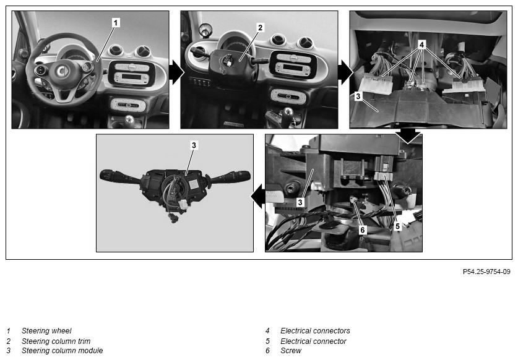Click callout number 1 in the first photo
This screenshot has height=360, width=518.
(115, 23)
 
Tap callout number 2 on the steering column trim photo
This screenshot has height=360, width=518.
(261, 27)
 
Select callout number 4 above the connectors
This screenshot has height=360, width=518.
(421, 45)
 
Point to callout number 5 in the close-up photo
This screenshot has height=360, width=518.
(398, 226)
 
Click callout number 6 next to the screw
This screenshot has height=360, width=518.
(363, 230)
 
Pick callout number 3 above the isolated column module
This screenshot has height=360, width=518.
(194, 145)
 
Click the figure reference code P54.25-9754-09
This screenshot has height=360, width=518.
(486, 272)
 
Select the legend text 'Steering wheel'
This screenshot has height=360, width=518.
(46, 330)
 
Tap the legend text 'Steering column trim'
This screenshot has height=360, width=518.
(56, 341)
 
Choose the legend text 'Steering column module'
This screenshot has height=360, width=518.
(62, 351)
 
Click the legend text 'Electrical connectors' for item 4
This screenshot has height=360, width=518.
(315, 330)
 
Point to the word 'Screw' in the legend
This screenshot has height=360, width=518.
(291, 351)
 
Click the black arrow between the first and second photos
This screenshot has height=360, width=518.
(176, 72)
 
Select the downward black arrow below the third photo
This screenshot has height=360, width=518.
(408, 135)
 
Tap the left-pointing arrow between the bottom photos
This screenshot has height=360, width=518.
(258, 196)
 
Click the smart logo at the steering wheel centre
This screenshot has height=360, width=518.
(61, 71)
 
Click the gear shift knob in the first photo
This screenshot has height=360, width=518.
(129, 119)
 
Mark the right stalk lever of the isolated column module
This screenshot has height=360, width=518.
(229, 177)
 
